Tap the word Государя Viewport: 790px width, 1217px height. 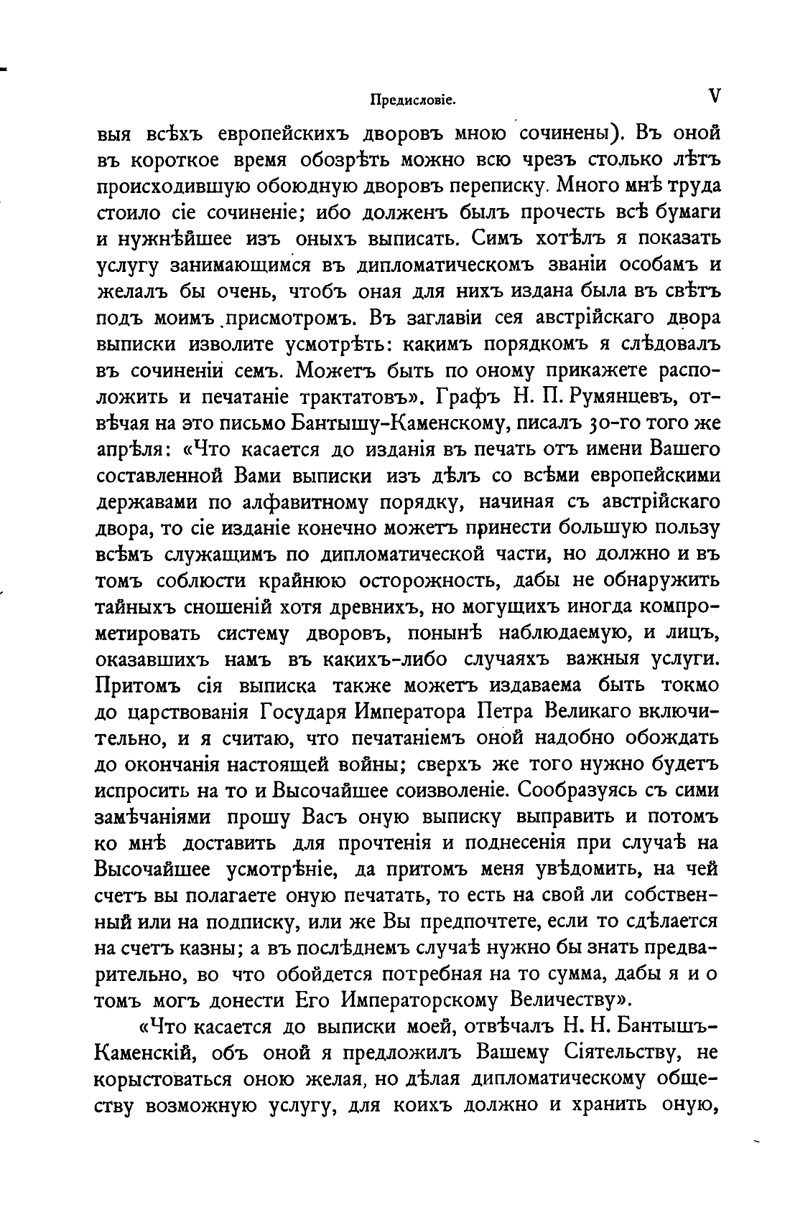(302, 711)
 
